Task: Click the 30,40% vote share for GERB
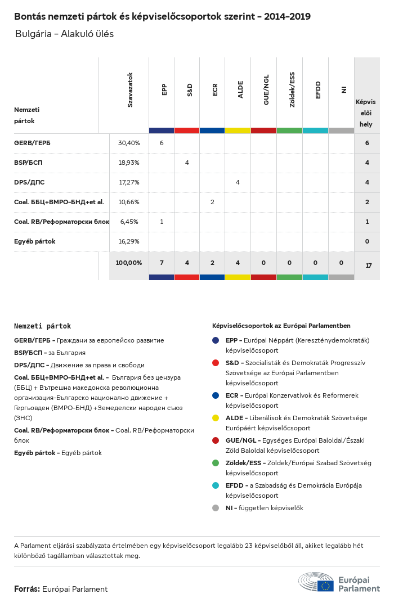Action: pyautogui.click(x=129, y=143)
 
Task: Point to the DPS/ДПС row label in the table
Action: pyautogui.click(x=29, y=182)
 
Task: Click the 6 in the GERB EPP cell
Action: pyautogui.click(x=162, y=143)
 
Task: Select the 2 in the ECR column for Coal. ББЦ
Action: pyautogui.click(x=212, y=202)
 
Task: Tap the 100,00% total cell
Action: pyautogui.click(x=129, y=263)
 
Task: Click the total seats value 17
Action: pyautogui.click(x=369, y=265)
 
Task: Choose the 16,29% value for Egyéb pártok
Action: pyautogui.click(x=129, y=241)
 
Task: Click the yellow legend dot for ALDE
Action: pyautogui.click(x=216, y=418)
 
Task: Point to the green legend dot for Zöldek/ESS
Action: pyautogui.click(x=216, y=463)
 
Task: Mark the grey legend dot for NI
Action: pyautogui.click(x=216, y=508)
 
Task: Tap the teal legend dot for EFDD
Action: pyautogui.click(x=216, y=485)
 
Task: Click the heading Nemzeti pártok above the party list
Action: pyautogui.click(x=43, y=326)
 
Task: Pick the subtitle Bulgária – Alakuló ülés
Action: pyautogui.click(x=65, y=34)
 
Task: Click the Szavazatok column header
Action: pyautogui.click(x=130, y=89)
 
